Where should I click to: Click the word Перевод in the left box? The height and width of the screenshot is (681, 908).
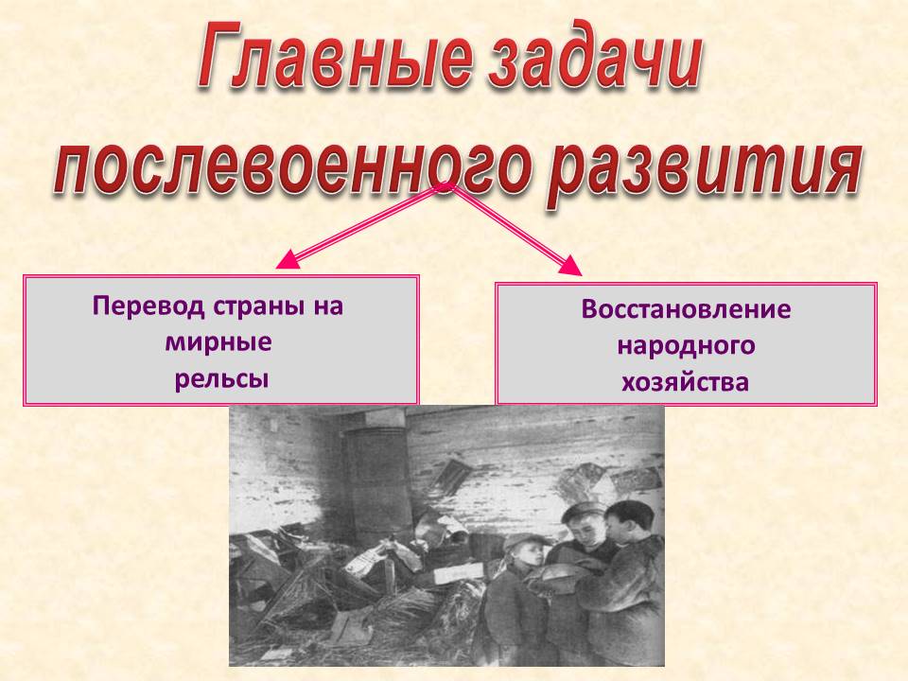tap(148, 306)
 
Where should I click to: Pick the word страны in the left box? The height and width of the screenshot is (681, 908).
tap(259, 306)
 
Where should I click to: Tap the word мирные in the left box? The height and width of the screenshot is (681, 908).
tap(218, 342)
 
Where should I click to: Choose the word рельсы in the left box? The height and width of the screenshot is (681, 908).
tap(221, 379)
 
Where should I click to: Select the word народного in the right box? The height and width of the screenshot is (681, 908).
tap(687, 346)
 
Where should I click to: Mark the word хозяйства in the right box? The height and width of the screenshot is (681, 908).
tap(686, 383)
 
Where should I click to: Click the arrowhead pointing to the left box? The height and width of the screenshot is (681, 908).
tap(288, 260)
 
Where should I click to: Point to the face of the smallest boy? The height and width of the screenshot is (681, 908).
tap(531, 559)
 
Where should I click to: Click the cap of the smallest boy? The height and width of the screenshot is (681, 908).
tap(525, 541)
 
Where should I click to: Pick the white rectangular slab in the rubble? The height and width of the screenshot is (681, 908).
tap(458, 574)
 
